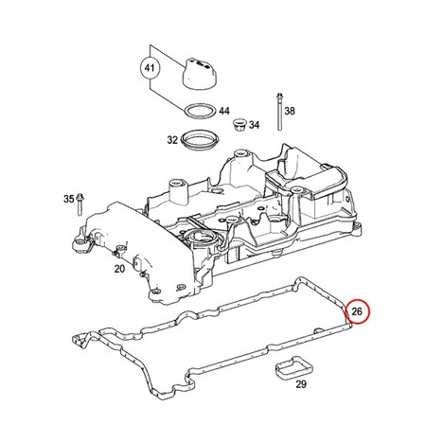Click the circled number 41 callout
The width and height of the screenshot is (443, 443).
tap(150, 68)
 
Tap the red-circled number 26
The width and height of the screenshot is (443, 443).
tap(357, 311)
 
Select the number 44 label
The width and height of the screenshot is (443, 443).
tap(224, 111)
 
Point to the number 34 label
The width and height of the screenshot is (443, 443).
tap(254, 125)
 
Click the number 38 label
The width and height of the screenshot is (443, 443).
tap(290, 111)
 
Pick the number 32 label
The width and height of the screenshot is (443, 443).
tap(172, 140)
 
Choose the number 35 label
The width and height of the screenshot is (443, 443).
tap(69, 200)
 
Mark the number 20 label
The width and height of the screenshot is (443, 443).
tap(119, 269)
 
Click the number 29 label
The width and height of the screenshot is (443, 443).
tap(301, 384)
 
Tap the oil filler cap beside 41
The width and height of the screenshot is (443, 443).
tap(200, 74)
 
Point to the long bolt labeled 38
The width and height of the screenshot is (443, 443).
tap(279, 112)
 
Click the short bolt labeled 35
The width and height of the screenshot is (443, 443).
tap(80, 204)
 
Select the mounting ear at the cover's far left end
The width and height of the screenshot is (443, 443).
tap(80, 242)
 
